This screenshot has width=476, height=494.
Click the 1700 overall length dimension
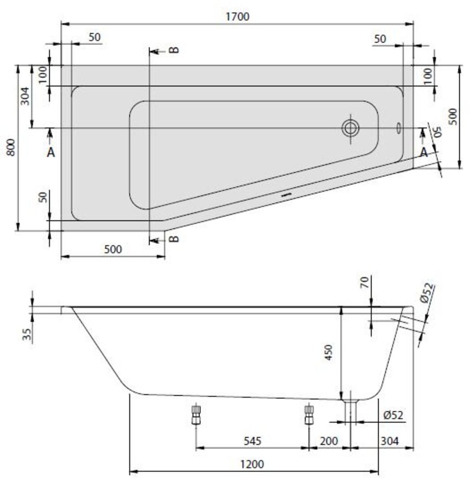tap(237, 17)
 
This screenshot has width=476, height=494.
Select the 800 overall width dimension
tap(11, 148)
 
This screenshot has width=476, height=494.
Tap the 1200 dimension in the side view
tap(252, 464)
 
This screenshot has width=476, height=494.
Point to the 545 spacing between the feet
tap(253, 441)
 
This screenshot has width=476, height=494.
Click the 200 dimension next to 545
tap(328, 441)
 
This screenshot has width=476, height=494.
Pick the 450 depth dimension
tap(328, 353)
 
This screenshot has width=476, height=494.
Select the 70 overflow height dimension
tap(364, 282)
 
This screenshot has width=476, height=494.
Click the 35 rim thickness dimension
tap(27, 334)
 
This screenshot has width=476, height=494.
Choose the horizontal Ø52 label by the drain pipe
tap(393, 415)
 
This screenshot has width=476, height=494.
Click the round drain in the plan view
tap(350, 128)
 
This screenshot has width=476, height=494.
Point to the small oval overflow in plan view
tap(399, 128)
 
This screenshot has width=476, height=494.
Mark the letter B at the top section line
tap(174, 50)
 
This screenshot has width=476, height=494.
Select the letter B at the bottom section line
tap(174, 239)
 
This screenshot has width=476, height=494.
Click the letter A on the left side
tap(51, 152)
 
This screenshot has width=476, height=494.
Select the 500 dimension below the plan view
tap(113, 249)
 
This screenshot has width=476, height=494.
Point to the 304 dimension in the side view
tap(390, 441)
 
